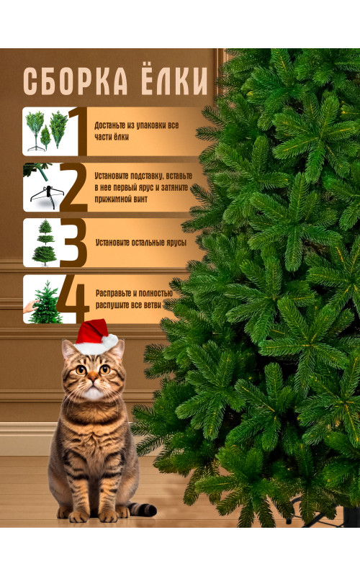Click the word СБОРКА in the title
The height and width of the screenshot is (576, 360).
point(76,81)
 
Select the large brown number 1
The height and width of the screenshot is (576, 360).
point(78,131)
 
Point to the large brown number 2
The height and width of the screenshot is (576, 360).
point(73,187)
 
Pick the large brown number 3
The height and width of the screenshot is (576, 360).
point(73,243)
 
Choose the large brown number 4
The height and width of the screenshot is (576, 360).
point(73,300)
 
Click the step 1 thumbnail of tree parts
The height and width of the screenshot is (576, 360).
point(45,131)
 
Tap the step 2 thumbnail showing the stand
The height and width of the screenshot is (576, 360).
point(41,187)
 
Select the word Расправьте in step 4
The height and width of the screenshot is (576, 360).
point(113,293)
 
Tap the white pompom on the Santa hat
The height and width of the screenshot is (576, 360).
point(110,341)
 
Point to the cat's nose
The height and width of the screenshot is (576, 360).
point(93,379)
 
